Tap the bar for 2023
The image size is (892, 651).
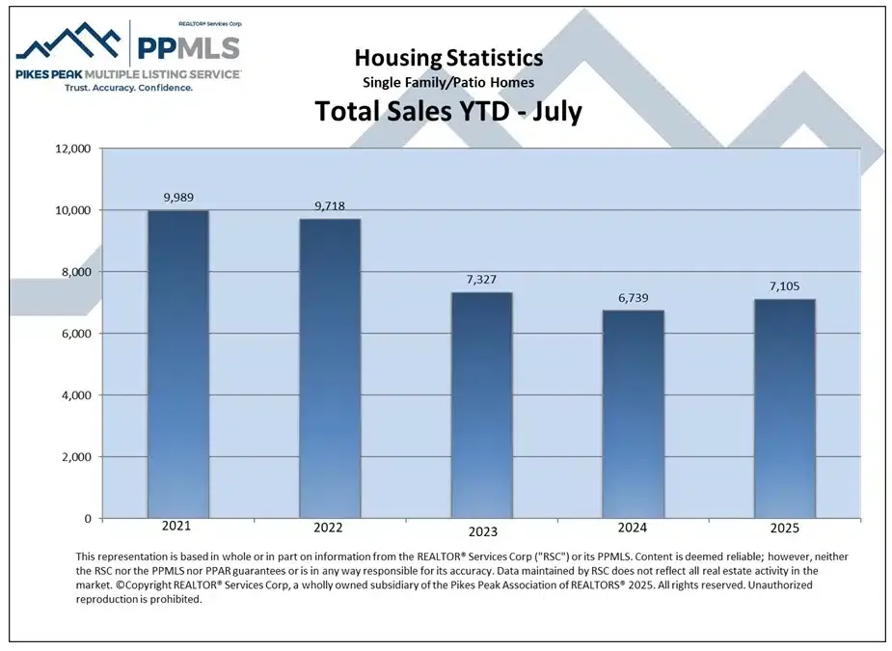click(481, 405)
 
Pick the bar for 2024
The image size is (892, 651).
click(633, 414)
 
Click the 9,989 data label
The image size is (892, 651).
click(177, 197)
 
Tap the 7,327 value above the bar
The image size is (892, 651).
click(481, 279)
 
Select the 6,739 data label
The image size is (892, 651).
click(633, 297)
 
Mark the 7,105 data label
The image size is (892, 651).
click(785, 285)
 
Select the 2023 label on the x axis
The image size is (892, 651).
click(481, 531)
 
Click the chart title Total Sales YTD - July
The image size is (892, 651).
click(448, 112)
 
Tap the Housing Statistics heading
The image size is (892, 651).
click(448, 60)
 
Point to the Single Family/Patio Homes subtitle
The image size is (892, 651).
click(448, 83)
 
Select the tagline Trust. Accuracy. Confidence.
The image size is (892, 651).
click(128, 87)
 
